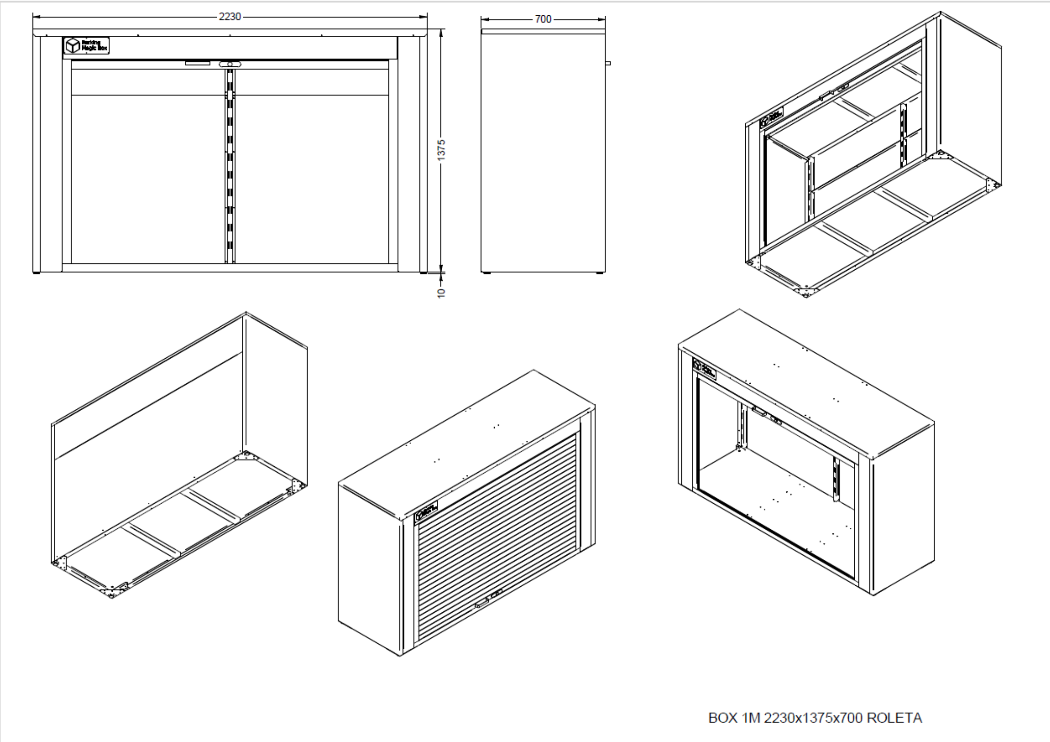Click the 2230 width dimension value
[229, 17]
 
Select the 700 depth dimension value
[543, 19]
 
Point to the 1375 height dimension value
[441, 150]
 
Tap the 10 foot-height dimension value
[441, 293]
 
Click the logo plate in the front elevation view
[87, 45]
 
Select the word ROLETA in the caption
[894, 718]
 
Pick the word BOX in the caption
[723, 718]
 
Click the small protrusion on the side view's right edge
[608, 63]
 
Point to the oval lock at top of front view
[229, 65]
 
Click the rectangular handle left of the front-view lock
[198, 63]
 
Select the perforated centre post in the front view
[230, 165]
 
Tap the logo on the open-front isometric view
[704, 368]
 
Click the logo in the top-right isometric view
[771, 117]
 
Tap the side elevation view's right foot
[599, 273]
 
